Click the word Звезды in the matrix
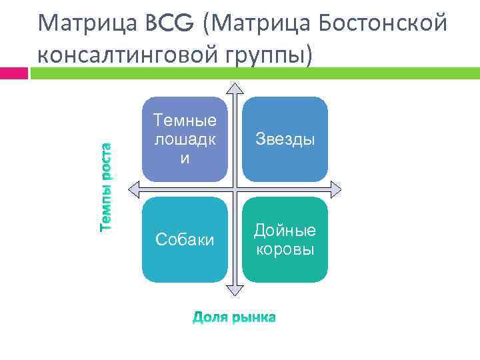(285, 140)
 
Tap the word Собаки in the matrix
(185, 239)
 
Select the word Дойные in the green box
(285, 231)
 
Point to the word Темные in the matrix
(185, 121)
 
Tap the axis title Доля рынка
(234, 318)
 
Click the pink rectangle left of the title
(14, 73)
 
